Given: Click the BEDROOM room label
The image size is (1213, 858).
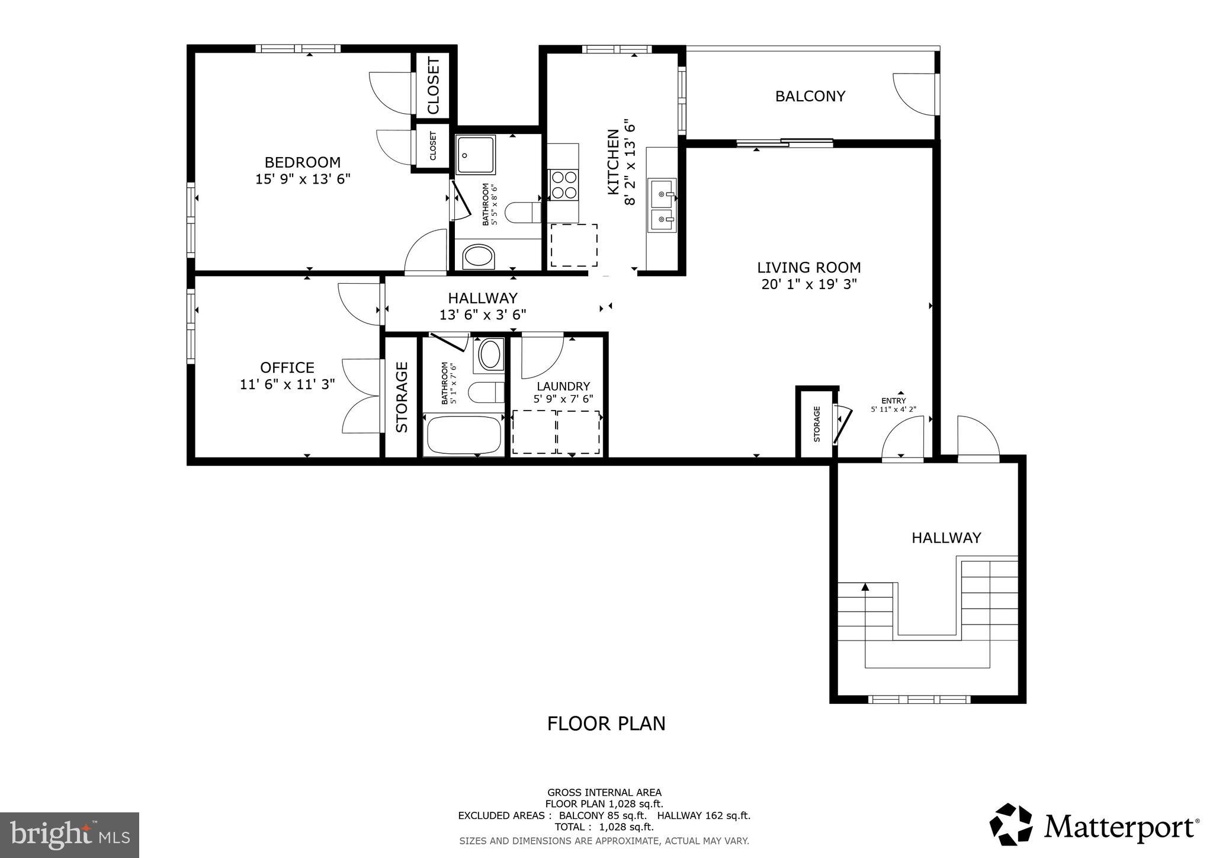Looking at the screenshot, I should tap(302, 162).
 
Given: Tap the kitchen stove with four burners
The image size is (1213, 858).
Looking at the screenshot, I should tap(563, 184).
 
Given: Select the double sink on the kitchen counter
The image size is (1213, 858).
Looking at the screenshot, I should tap(662, 204).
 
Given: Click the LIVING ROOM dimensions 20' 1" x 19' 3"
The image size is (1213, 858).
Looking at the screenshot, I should tap(809, 284).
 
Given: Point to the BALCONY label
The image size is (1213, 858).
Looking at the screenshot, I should tap(810, 96).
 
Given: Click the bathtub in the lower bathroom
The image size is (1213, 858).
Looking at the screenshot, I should tap(464, 436).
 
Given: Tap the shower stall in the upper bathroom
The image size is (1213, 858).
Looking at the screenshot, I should tap(476, 155).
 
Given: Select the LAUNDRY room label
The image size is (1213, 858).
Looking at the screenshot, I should tap(563, 386).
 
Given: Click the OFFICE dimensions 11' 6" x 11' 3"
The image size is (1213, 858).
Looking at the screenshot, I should tap(287, 385).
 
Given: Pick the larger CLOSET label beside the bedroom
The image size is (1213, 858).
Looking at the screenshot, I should tap(434, 85).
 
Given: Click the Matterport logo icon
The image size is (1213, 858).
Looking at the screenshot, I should tap(1011, 825).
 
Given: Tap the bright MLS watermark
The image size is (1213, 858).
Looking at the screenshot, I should tap(69, 835).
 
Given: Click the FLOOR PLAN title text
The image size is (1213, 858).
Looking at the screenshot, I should tap(606, 723).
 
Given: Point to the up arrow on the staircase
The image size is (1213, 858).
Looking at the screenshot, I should tap(865, 587).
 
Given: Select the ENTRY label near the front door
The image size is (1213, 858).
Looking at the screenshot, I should tap(893, 401).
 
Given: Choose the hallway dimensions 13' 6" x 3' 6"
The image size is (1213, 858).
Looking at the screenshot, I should tap(483, 315).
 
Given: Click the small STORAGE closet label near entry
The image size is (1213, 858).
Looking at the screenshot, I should tap(817, 424).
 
